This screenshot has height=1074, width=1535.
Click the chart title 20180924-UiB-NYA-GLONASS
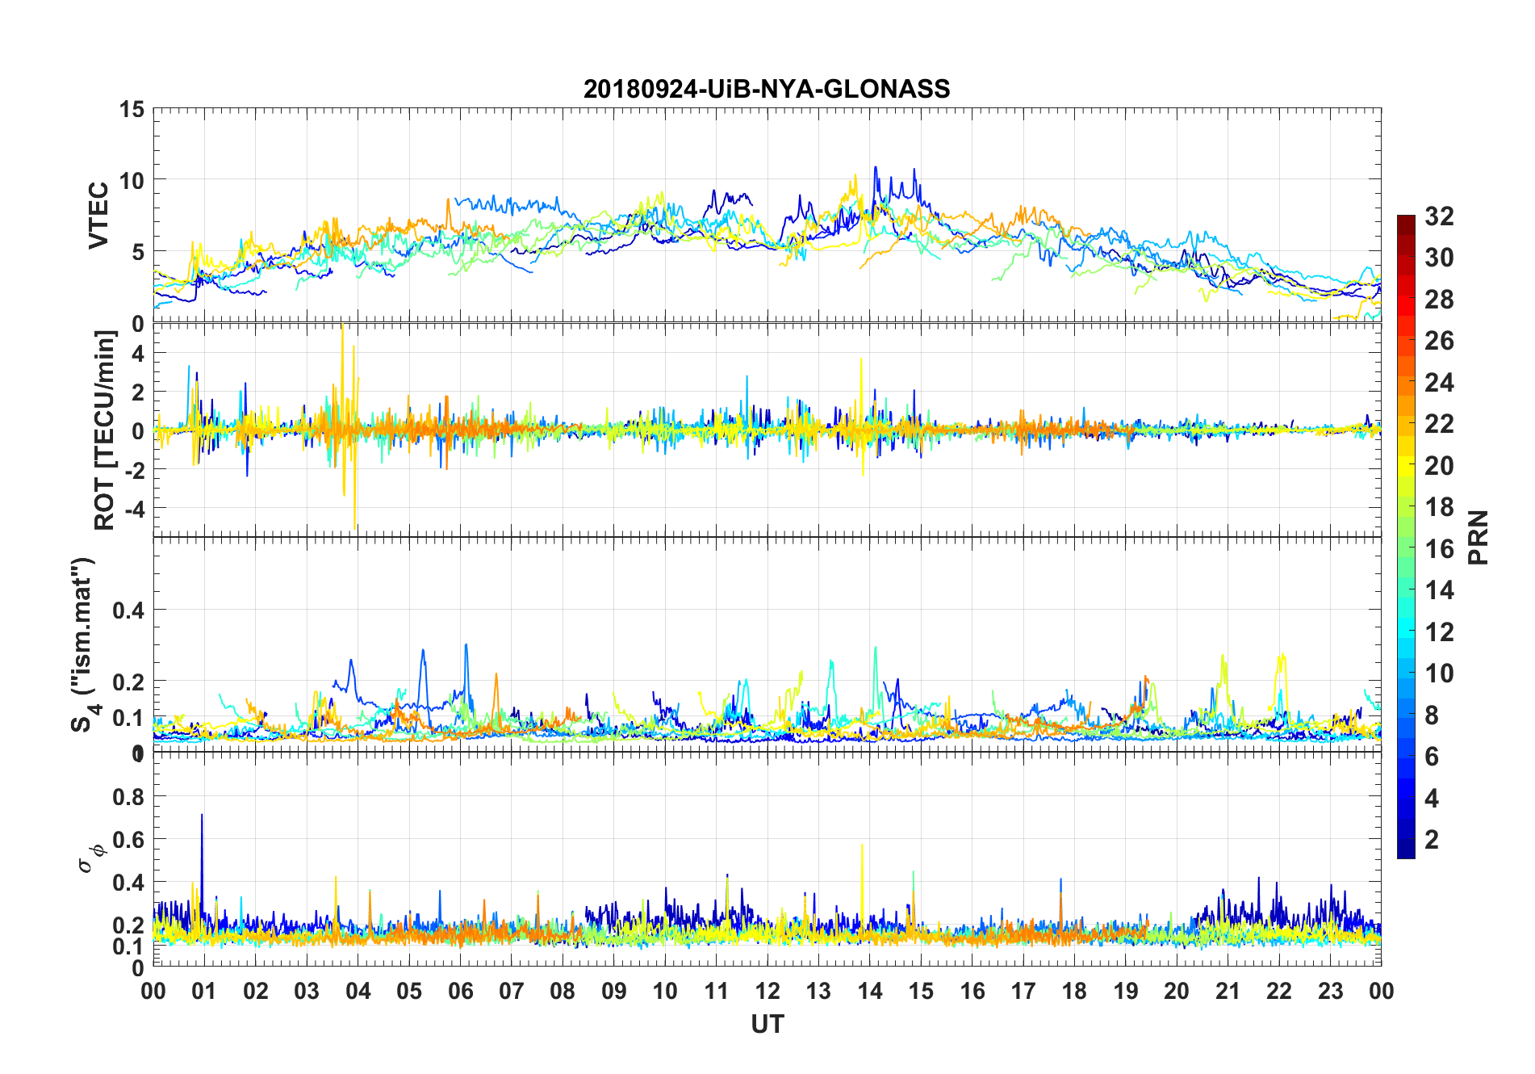coord(767,89)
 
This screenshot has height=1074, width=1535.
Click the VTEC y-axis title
coord(98,216)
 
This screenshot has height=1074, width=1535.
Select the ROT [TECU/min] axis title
coord(105,430)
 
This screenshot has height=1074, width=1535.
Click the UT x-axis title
coord(767,1025)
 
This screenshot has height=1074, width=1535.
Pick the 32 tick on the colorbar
coord(1439,216)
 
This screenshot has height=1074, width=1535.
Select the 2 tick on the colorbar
coord(1432,840)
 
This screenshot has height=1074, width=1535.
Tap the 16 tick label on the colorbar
coord(1439,549)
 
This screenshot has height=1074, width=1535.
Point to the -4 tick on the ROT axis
coord(133,509)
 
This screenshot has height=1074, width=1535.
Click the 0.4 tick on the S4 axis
coord(128,610)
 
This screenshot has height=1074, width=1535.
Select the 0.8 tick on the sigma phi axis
coord(128,797)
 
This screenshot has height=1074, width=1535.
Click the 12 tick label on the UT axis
coord(767,992)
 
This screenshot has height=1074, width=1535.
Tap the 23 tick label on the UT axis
coord(1330,992)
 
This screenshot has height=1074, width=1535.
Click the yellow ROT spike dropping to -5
coord(355,525)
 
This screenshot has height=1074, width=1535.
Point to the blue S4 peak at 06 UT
coord(466,646)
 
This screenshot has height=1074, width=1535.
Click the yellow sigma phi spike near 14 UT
coord(862,846)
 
